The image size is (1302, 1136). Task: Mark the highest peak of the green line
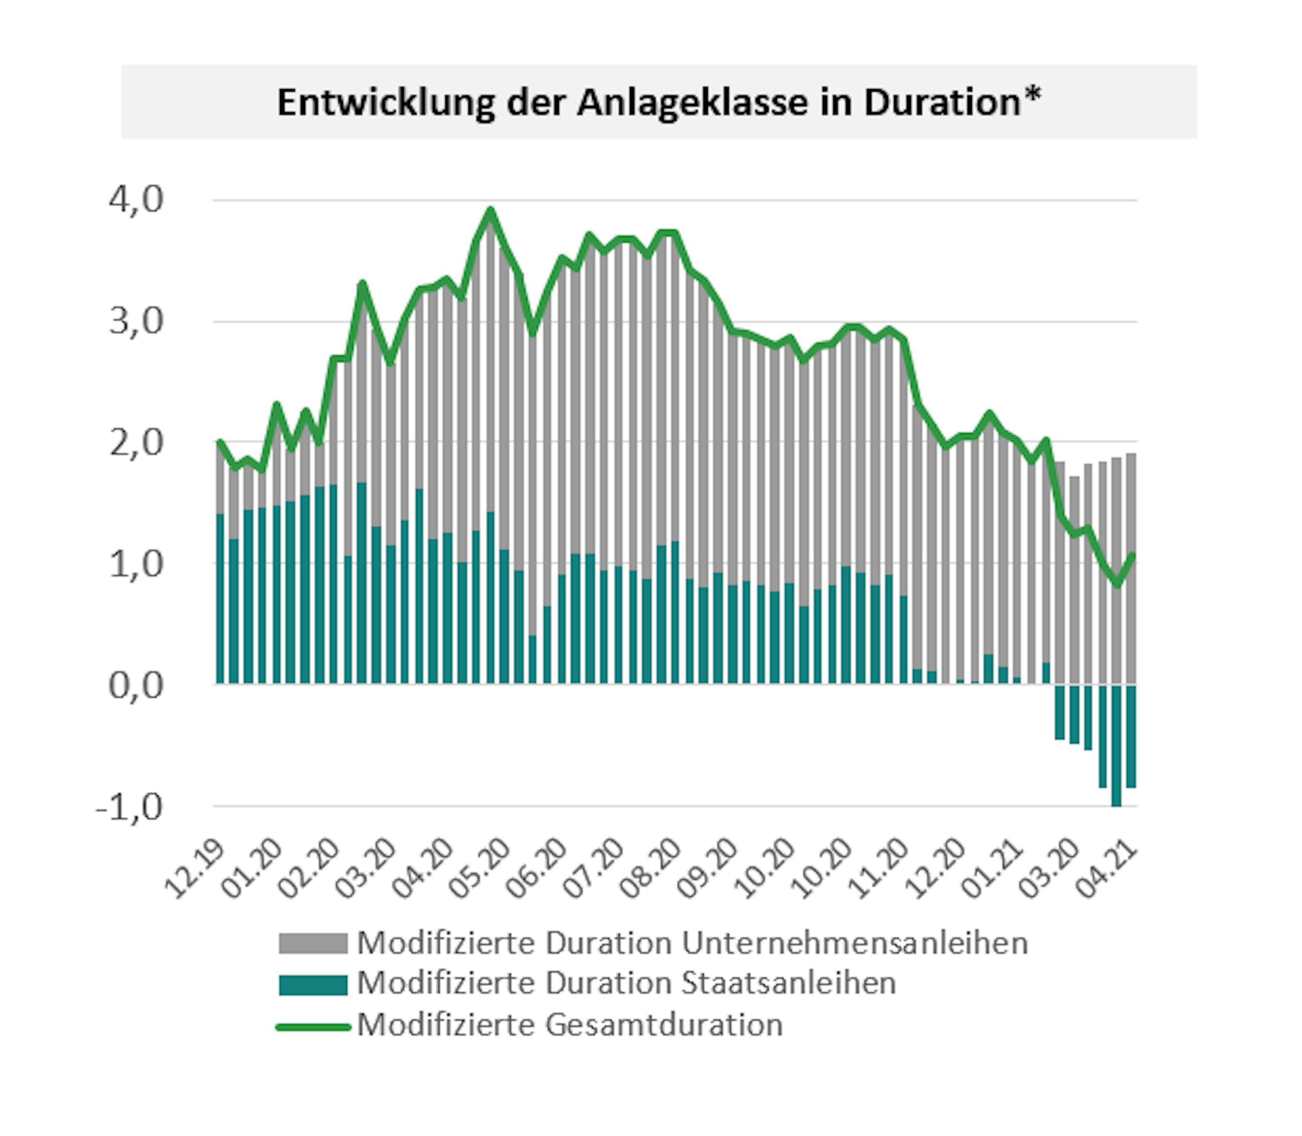[490, 211]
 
